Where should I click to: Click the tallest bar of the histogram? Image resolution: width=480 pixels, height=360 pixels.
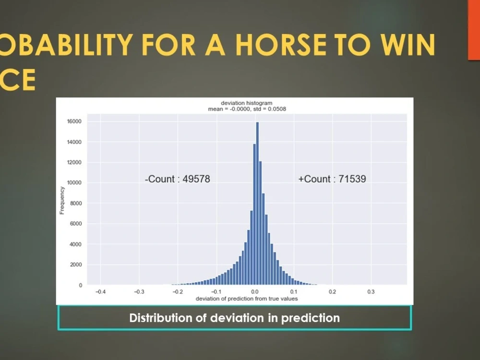pos(257,204)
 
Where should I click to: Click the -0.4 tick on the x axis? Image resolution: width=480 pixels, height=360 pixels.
pos(101,291)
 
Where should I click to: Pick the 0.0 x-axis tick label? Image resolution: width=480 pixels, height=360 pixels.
pos(255,291)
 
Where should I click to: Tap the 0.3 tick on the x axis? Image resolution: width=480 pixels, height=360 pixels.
pos(371,291)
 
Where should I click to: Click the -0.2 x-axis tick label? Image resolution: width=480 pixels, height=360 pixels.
pos(178,291)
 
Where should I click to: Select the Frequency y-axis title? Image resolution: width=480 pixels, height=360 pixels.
pos(62,199)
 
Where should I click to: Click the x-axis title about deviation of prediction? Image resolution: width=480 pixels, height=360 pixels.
pos(246,299)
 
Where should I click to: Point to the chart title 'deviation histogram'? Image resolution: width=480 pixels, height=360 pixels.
pos(246,103)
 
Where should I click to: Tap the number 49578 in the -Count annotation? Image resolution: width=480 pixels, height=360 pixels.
pos(196,179)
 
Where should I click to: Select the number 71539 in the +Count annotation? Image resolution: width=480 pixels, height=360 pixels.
pos(352,179)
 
